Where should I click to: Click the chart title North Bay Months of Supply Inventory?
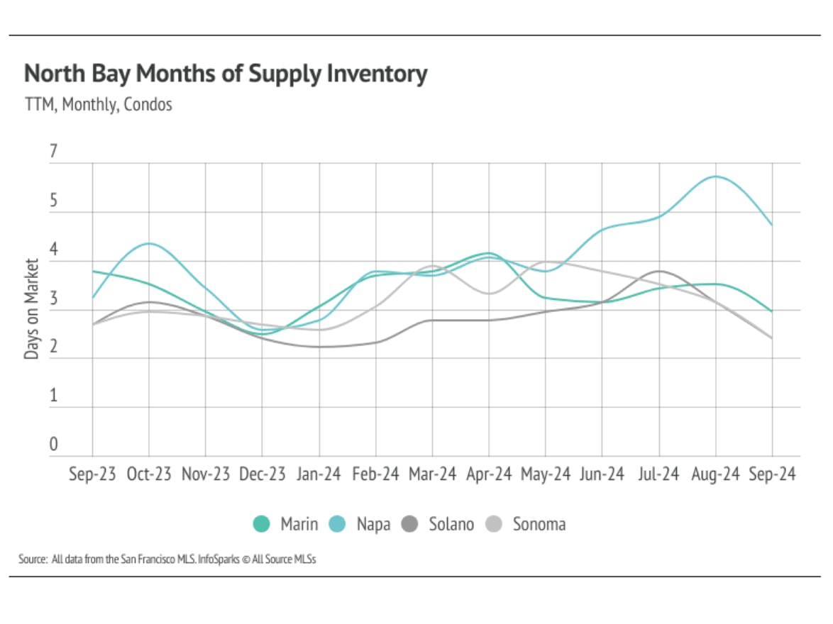(x=226, y=74)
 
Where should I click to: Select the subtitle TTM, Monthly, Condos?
(x=99, y=104)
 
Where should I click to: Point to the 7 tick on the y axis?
(x=53, y=152)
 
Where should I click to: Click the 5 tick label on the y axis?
(x=53, y=201)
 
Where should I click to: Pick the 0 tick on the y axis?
(x=53, y=445)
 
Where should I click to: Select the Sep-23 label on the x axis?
(x=92, y=474)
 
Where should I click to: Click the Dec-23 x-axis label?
(x=262, y=474)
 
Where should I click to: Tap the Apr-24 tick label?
(x=489, y=474)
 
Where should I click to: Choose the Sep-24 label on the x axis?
(x=773, y=474)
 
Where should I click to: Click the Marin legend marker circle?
(x=262, y=525)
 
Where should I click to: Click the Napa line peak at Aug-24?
(x=716, y=176)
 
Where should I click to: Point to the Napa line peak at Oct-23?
(x=149, y=243)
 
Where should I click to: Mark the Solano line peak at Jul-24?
(x=660, y=271)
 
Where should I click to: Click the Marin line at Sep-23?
(x=93, y=272)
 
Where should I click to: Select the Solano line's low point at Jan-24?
(x=319, y=347)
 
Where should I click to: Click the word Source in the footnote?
(x=32, y=559)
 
